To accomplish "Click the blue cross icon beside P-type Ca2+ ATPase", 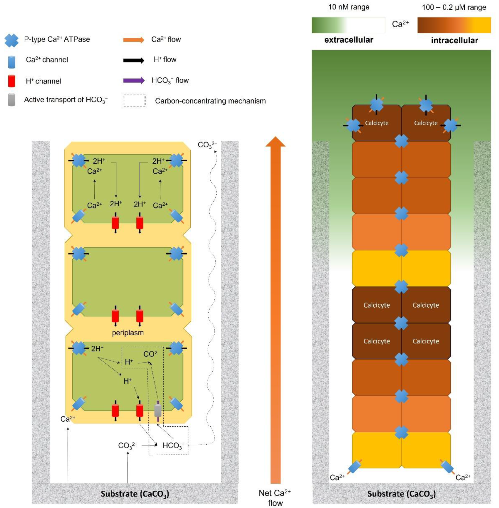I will click(11, 40).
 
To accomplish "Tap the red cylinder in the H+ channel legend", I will click(11, 81).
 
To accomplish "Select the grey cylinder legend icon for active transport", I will click(11, 100).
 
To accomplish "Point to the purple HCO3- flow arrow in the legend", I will click(134, 80).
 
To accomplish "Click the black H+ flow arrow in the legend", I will click(134, 60).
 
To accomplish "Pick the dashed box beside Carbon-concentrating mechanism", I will click(134, 101).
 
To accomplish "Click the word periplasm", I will click(128, 333).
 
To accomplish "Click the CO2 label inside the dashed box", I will click(150, 354).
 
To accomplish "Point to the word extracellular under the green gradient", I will click(349, 40).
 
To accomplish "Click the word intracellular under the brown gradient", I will click(454, 40).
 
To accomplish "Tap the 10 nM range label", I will click(349, 7).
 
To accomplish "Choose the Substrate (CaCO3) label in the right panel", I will click(401, 494).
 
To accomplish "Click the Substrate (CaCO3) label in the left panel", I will click(135, 494).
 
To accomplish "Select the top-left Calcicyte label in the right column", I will click(377, 123).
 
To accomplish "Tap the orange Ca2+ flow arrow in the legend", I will click(134, 40).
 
